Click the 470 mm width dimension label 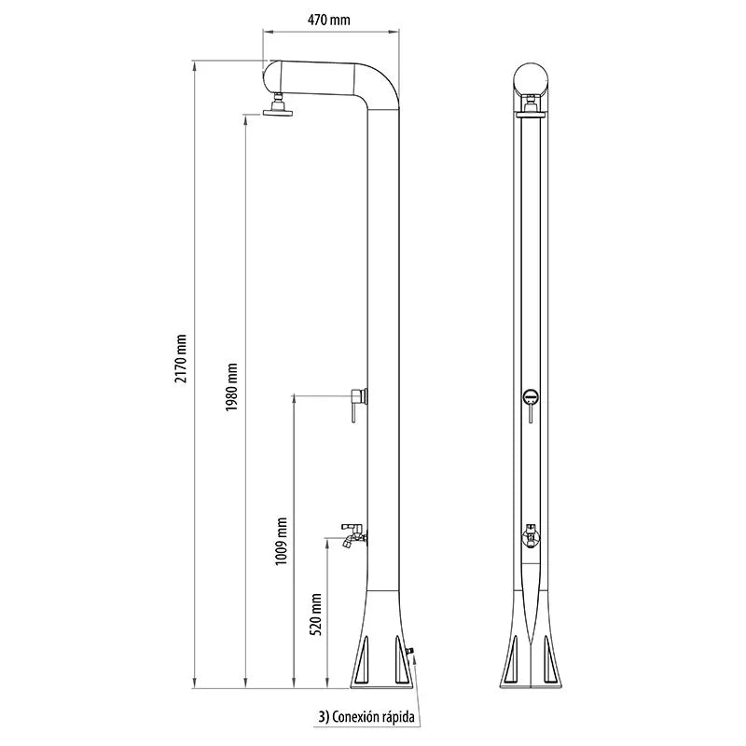(329, 20)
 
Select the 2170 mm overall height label (181, 358)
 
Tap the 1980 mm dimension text (231, 387)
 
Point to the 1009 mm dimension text (282, 541)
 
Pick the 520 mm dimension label (316, 615)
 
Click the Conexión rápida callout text (366, 716)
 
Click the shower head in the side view (277, 105)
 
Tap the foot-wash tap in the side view (354, 535)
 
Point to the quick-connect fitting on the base (410, 650)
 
